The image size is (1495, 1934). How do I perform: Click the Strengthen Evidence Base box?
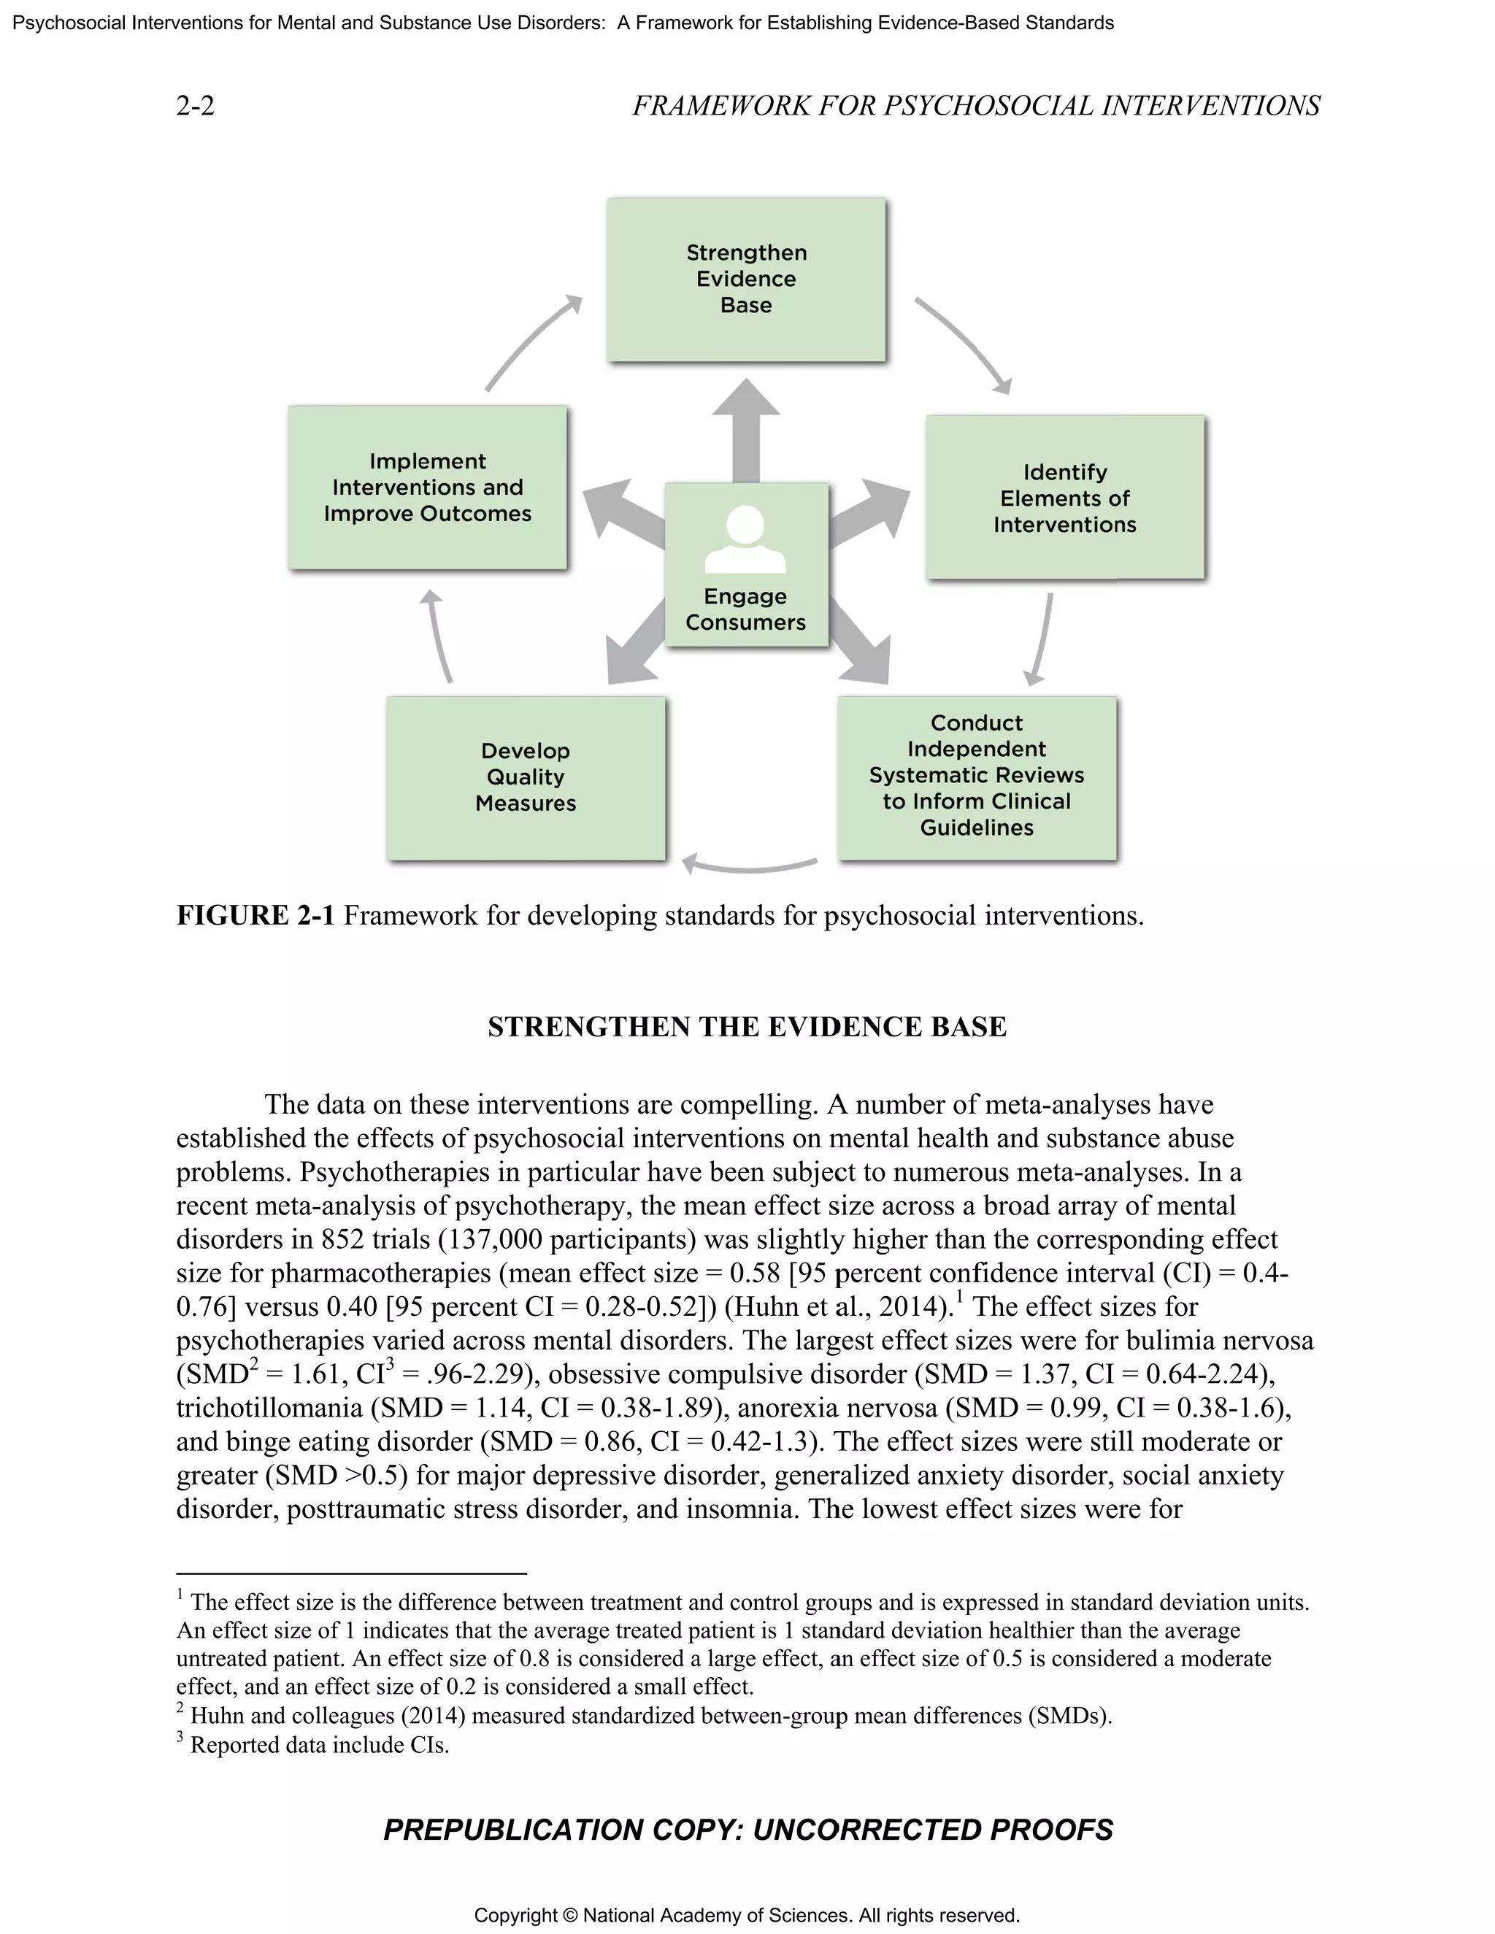(746, 279)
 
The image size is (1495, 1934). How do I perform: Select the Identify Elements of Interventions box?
(1064, 498)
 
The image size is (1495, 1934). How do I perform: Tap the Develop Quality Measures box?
(525, 777)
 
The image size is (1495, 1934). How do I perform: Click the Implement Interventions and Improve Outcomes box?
(427, 488)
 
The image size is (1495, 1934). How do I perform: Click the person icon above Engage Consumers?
(746, 540)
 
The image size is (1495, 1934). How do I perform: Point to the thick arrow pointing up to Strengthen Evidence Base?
(746, 429)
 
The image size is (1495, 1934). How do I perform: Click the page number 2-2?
(195, 107)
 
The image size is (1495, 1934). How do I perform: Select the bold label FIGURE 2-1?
(255, 914)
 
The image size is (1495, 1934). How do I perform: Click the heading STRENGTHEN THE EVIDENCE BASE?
(747, 1026)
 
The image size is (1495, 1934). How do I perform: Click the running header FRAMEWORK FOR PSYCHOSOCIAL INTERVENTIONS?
(975, 107)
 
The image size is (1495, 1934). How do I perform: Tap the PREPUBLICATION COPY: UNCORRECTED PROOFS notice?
(747, 1830)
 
